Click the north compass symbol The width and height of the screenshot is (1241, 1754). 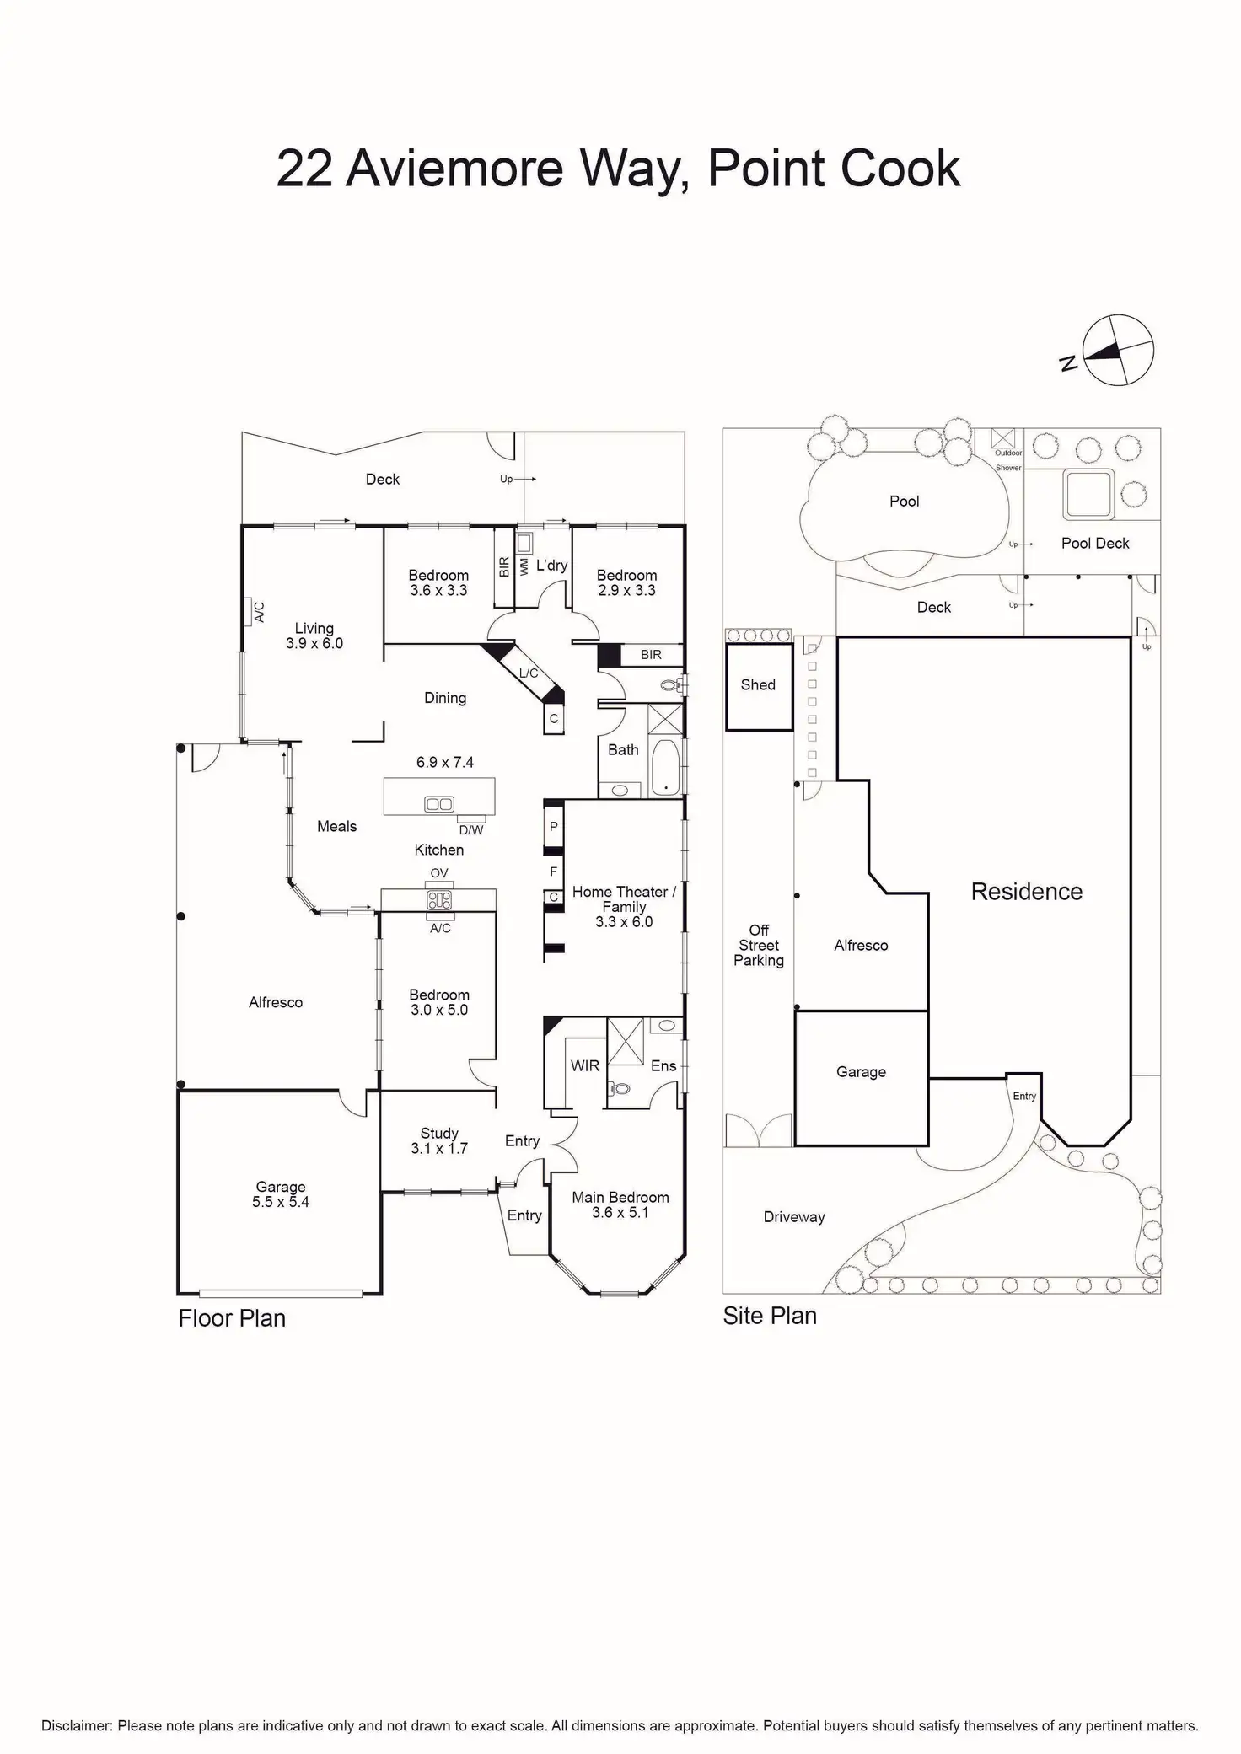click(1118, 351)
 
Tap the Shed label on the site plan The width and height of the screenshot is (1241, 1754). click(758, 685)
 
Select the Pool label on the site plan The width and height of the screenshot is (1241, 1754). click(904, 502)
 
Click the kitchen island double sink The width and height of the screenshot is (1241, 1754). click(439, 804)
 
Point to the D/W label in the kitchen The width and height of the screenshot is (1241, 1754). click(471, 830)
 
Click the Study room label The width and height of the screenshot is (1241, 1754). click(439, 1134)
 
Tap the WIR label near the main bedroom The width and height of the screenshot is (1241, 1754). click(584, 1066)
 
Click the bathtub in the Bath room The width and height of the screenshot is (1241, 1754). click(666, 767)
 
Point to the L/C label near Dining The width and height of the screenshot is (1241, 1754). click(529, 673)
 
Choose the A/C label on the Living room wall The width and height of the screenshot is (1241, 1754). click(259, 612)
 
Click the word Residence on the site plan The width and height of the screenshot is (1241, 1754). click(1026, 892)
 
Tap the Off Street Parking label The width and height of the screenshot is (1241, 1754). click(759, 945)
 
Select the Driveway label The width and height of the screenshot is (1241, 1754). click(793, 1217)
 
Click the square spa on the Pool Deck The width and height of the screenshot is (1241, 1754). click(1088, 494)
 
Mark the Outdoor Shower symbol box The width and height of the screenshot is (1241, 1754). click(1004, 438)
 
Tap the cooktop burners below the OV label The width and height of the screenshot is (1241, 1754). click(439, 899)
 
